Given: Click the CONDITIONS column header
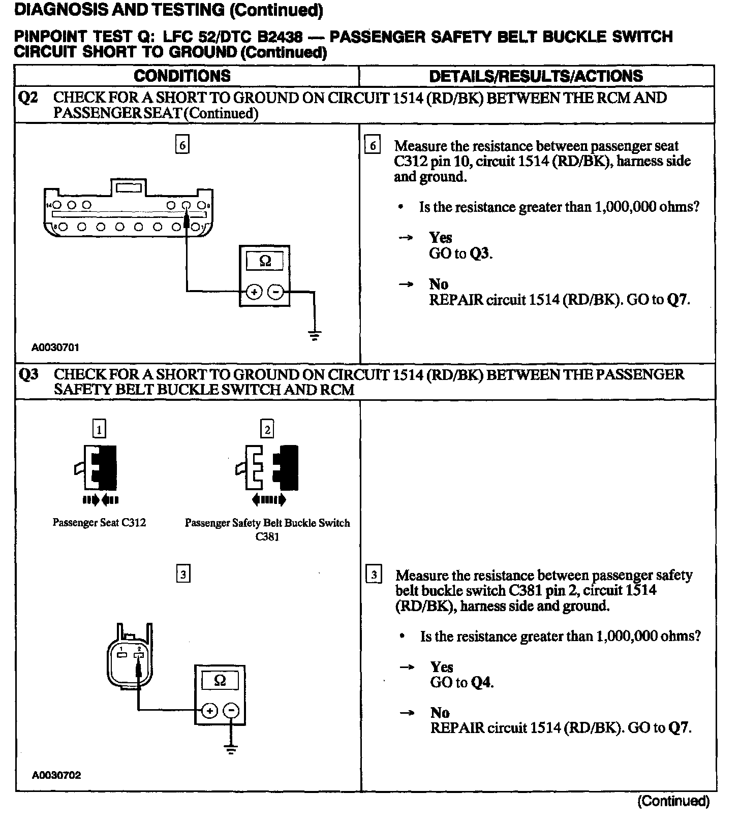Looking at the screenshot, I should click(182, 76).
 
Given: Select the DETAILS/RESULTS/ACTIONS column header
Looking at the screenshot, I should click(536, 76).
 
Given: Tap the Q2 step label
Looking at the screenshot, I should click(28, 98).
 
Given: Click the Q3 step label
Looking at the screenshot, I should click(28, 375).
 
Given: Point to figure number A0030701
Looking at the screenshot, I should click(55, 348).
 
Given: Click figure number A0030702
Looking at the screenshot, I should click(56, 775).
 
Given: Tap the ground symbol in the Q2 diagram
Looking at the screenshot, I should click(315, 335).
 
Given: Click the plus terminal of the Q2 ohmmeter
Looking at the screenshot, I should click(254, 292).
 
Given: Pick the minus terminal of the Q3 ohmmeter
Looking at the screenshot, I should click(231, 711).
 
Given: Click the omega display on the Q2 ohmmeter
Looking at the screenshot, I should click(265, 262).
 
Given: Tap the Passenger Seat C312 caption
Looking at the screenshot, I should click(99, 523).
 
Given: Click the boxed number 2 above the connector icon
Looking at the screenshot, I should click(267, 430).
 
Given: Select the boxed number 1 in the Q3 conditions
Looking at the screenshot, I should click(99, 430).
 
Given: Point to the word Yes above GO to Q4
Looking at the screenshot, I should click(441, 666).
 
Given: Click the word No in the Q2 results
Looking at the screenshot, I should click(438, 284).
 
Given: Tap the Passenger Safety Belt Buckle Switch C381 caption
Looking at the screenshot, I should click(267, 529).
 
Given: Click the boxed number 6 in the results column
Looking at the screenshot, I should click(373, 146).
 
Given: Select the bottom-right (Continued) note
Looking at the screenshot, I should click(673, 801).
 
